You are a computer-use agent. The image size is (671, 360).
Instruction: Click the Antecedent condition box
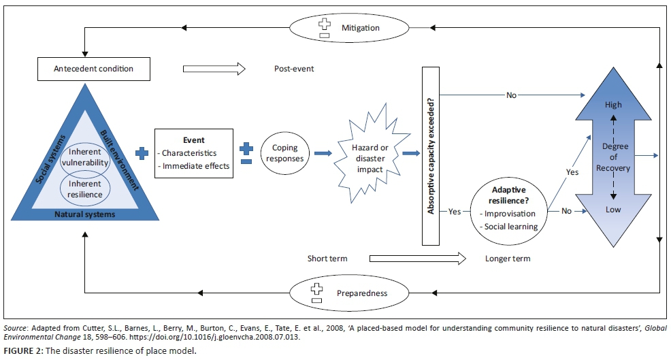94,69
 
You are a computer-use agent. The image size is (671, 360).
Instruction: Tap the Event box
194,153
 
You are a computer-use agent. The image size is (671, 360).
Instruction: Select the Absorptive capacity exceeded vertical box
431,156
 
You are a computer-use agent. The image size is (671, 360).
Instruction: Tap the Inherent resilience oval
85,189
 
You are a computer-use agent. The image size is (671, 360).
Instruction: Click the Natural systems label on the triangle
85,214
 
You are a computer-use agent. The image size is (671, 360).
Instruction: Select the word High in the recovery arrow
613,105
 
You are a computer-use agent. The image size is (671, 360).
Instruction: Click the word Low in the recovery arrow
613,210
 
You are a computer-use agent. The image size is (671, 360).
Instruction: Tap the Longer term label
507,259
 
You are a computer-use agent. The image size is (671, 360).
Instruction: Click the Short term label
327,259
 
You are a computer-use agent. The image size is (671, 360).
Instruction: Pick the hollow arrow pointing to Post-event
213,69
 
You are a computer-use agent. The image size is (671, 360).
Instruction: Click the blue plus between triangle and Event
142,153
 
